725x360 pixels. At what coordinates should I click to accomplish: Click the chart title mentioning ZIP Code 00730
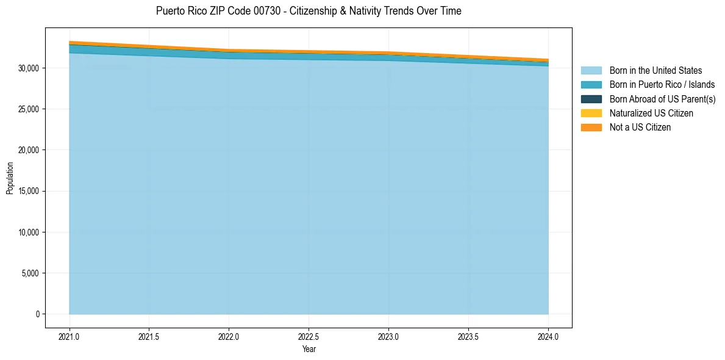point(309,11)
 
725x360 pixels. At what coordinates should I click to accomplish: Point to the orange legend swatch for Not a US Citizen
point(591,127)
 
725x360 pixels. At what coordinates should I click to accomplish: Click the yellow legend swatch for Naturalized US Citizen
point(591,113)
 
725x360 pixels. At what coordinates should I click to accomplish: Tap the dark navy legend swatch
point(591,99)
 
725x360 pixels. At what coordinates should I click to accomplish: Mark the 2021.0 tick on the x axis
point(70,336)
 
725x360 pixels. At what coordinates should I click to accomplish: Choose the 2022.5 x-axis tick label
point(309,336)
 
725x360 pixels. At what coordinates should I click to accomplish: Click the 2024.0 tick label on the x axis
point(548,336)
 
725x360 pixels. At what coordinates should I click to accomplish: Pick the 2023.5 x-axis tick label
point(468,336)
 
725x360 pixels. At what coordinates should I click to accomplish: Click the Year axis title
point(309,349)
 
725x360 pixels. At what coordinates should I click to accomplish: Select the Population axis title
point(10,178)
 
